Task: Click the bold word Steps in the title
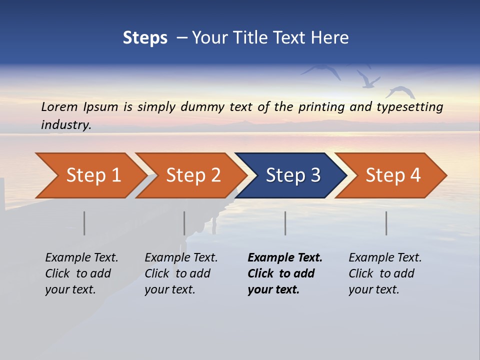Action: coord(145,38)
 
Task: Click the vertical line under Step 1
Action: coord(84,223)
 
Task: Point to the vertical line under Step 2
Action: coord(184,223)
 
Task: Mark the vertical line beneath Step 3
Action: coord(285,223)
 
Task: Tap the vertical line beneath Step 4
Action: coord(386,223)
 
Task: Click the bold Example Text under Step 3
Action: coord(285,273)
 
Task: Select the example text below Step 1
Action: coord(81,273)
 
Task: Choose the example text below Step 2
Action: coord(181,273)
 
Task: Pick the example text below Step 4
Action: coord(385,273)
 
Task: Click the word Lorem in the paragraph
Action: coord(59,107)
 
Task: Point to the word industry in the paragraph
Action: coord(66,125)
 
